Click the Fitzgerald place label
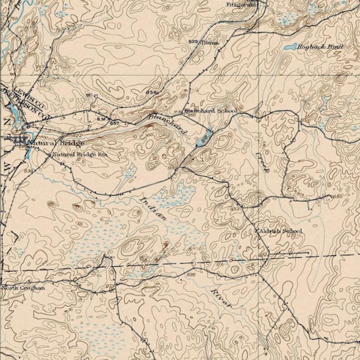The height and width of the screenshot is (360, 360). [x=242, y=5]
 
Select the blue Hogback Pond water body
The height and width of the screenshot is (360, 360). [x=289, y=46]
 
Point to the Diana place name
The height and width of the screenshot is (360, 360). [x=209, y=43]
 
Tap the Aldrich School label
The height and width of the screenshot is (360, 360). [x=280, y=231]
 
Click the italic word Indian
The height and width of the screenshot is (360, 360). [x=154, y=209]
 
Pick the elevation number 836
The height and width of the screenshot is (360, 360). [x=191, y=274]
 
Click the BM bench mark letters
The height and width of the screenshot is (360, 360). [x=101, y=119]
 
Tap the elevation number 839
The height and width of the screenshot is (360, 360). [x=29, y=170]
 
